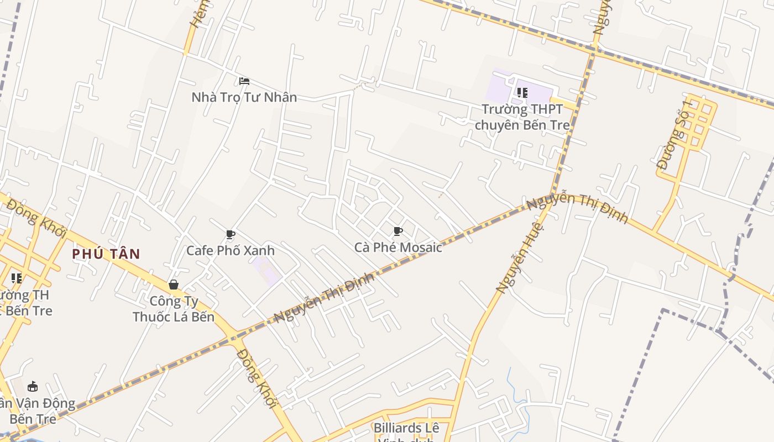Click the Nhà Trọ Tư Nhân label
(x=244, y=97)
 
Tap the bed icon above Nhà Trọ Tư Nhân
(x=244, y=81)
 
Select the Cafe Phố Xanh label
(x=230, y=250)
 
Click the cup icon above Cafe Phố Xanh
(x=231, y=235)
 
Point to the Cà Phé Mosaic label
(x=398, y=247)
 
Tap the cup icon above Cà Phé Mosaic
(x=398, y=231)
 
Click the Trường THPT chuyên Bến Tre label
(x=522, y=117)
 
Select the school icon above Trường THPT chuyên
(x=522, y=92)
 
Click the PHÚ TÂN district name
(x=106, y=254)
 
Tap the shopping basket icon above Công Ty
(x=174, y=285)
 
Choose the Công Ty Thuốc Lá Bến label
(x=174, y=309)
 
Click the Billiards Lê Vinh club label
(x=406, y=432)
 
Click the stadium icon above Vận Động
(x=33, y=386)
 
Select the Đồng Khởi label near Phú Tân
(x=36, y=219)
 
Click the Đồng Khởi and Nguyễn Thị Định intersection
(x=235, y=335)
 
